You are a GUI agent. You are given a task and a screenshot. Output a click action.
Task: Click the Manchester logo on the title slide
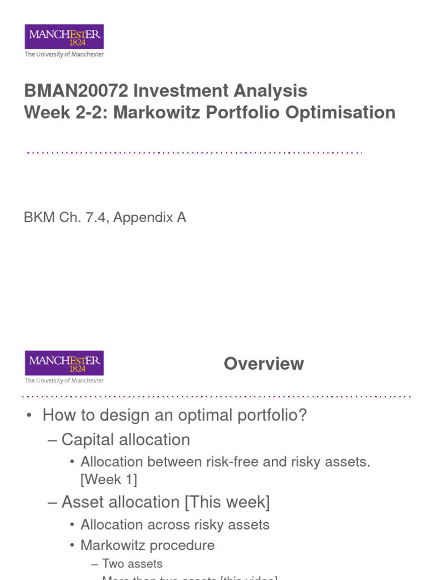pos(64,41)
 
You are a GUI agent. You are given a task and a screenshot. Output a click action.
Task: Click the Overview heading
pos(263,364)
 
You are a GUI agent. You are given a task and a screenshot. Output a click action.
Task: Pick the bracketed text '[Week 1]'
pos(109,480)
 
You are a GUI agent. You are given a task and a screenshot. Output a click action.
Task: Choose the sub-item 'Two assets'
pos(132,564)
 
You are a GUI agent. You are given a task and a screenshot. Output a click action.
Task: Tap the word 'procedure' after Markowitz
pos(187,545)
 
